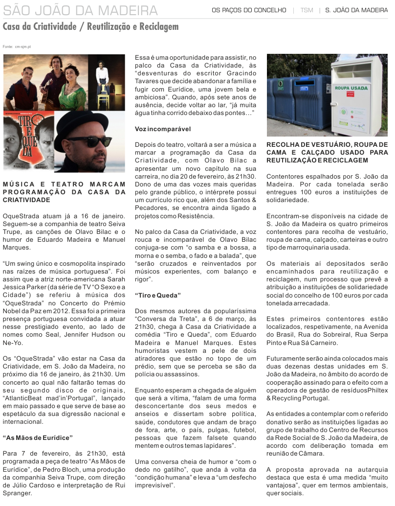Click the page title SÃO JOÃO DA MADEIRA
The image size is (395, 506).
80,10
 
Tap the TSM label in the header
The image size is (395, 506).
307,10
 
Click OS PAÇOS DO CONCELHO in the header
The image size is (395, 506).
249,10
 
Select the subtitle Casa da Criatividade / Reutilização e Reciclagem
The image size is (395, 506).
90,27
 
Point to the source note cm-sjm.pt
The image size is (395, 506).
23,46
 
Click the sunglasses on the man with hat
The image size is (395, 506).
89,141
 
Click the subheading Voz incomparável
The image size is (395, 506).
163,129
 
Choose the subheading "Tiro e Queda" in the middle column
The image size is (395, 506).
158,296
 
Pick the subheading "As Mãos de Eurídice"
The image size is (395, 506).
38,437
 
